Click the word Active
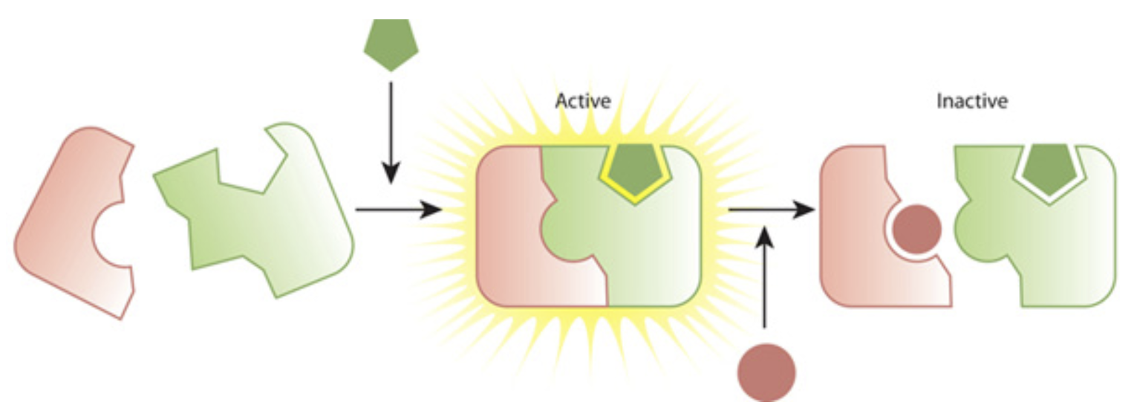583,101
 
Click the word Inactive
972,101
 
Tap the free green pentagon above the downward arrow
391,45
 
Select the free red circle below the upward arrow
766,372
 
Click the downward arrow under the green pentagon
391,133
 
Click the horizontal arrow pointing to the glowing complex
399,209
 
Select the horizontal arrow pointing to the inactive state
772,209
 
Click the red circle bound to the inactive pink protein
917,229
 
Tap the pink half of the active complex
521,228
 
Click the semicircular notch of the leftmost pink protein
109,234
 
